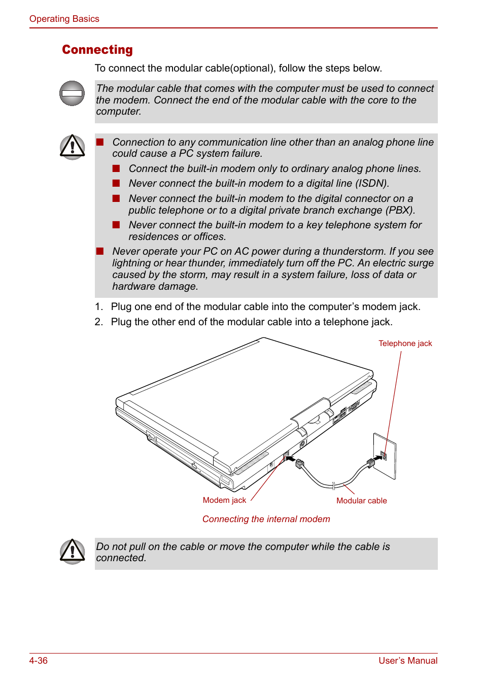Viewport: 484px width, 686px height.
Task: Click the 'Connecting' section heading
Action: (x=97, y=50)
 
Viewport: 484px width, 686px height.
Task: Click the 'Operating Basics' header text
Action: (x=64, y=19)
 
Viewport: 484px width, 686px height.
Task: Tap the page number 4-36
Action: (x=39, y=661)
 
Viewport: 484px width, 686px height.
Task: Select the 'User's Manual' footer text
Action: (x=408, y=661)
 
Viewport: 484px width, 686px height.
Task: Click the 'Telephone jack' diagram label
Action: (x=405, y=344)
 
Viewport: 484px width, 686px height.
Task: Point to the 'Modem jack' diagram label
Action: (x=224, y=500)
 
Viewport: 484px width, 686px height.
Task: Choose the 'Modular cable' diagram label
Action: (x=361, y=501)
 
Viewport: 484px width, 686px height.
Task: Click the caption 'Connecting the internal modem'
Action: (x=266, y=519)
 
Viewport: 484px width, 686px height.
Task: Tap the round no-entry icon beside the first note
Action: (x=72, y=93)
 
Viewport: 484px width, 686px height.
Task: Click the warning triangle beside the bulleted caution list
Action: (x=73, y=147)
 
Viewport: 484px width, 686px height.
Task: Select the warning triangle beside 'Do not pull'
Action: (x=73, y=552)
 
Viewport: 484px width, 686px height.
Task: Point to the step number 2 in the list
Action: (x=98, y=322)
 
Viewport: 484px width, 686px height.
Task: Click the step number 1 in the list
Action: (x=98, y=306)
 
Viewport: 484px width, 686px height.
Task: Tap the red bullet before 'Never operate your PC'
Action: (x=100, y=251)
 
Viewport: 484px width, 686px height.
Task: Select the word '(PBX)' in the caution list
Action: (x=400, y=210)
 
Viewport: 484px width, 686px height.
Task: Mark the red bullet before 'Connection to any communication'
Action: (x=100, y=142)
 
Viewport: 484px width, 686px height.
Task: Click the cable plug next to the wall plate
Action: (x=371, y=462)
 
